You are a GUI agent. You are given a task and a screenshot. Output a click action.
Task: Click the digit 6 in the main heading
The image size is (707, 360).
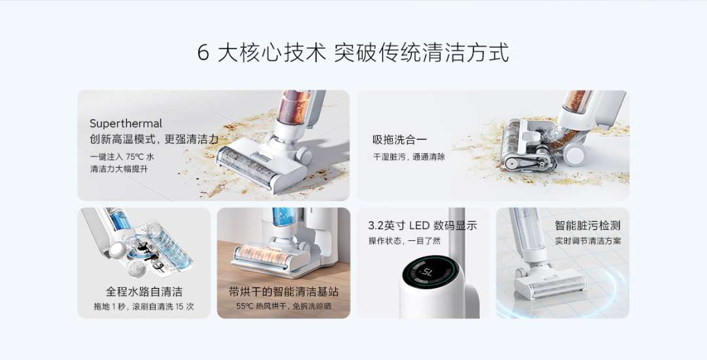pos(204,53)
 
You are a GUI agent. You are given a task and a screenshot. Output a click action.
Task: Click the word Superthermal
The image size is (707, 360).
pos(126,124)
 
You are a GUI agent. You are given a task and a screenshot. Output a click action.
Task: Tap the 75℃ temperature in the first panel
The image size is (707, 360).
pos(134,157)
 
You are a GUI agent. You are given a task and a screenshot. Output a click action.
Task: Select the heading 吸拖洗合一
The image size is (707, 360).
pos(399,139)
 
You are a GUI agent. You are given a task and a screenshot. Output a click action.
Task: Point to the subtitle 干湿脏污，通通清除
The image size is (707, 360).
pos(409,157)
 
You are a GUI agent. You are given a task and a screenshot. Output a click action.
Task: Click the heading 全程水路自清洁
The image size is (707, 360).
pos(144,291)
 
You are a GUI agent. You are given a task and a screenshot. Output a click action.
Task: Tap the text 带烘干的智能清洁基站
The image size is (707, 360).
pos(283,291)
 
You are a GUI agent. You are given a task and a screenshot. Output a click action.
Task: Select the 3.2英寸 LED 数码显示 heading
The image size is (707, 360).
pos(422,225)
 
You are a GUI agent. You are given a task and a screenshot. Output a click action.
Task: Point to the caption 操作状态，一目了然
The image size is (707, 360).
pos(405,241)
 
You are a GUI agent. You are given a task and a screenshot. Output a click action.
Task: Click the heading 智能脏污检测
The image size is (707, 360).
pos(587,225)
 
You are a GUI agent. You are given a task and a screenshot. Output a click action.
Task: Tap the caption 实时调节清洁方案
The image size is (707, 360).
pos(588,241)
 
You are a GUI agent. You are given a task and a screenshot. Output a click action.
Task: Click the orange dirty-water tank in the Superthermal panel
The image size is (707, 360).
pos(293,107)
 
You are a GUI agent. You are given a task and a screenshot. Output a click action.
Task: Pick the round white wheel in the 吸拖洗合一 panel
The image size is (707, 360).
pos(575,154)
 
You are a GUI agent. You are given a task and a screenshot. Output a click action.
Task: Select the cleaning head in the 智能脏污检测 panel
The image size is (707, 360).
pos(550,283)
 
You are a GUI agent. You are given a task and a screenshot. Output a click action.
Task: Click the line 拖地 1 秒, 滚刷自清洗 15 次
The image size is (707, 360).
pos(144,306)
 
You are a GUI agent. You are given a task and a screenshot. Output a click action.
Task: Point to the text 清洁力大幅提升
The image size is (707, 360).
pos(118,169)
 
